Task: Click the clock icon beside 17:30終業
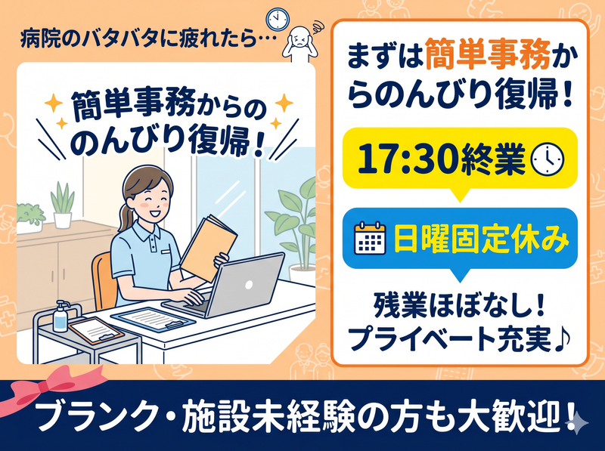(548, 159)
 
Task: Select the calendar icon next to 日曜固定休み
(370, 237)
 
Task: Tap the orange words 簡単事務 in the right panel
(488, 57)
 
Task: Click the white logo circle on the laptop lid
(249, 285)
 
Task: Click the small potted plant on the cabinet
(63, 205)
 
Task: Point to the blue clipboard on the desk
(154, 319)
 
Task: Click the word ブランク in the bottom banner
(99, 418)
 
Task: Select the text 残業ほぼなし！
(459, 307)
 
